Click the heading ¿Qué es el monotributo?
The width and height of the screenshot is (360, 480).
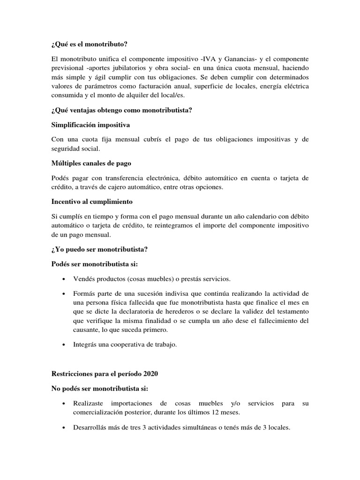click(89, 45)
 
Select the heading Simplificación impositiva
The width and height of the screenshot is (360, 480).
click(91, 125)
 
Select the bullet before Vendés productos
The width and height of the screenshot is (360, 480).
click(63, 279)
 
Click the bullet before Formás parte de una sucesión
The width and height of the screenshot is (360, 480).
click(63, 294)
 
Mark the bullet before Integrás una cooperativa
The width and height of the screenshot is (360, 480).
click(63, 345)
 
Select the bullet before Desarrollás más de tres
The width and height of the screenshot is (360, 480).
click(63, 427)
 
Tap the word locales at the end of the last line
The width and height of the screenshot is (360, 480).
click(279, 427)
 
